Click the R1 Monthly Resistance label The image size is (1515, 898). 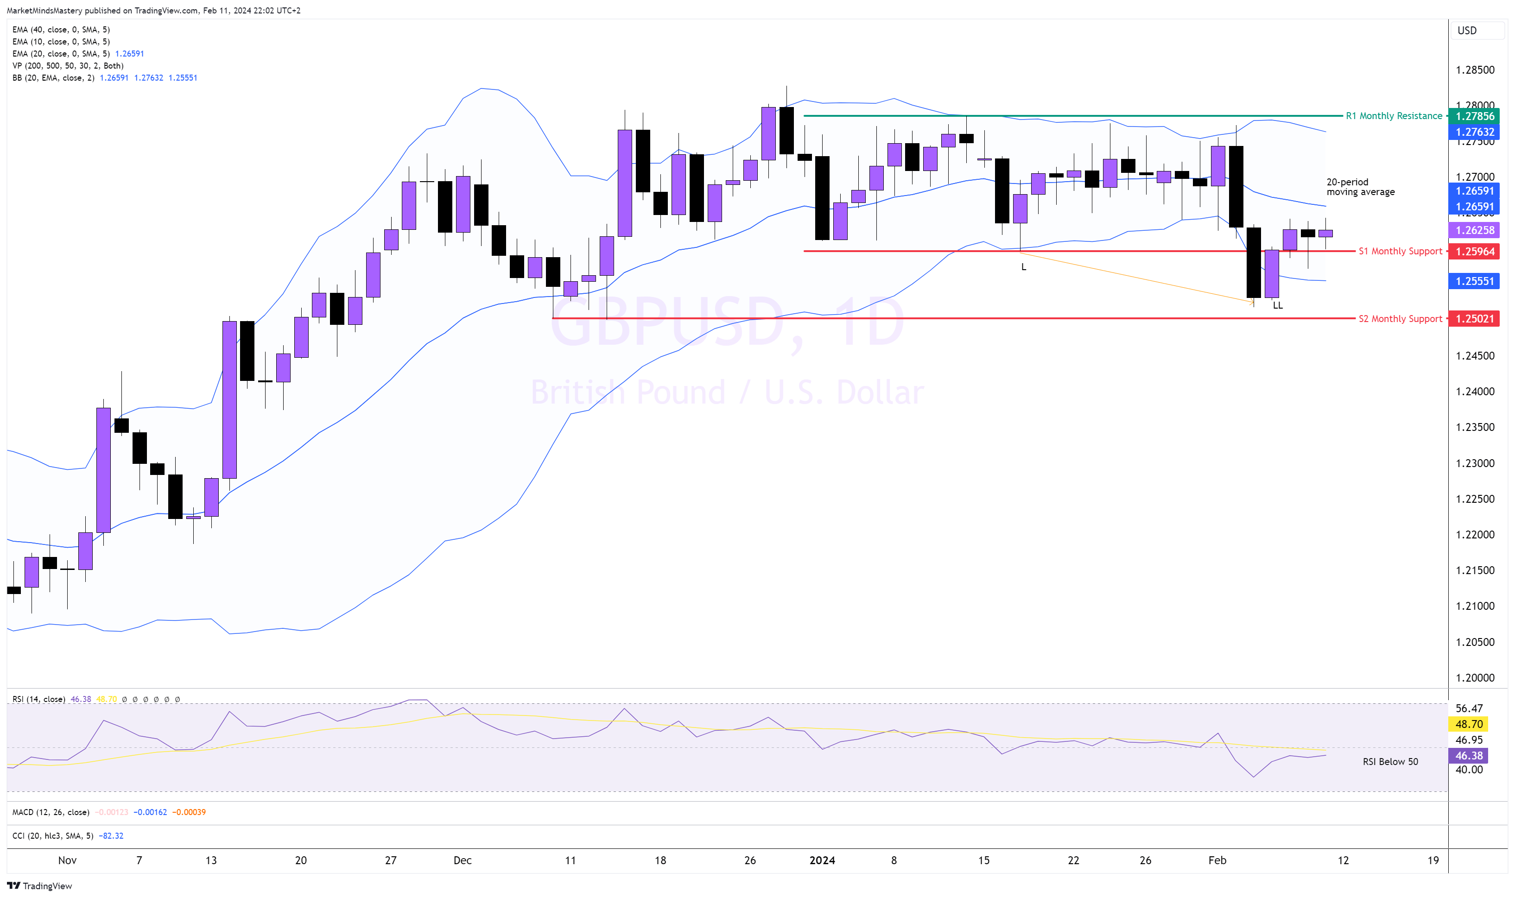point(1394,115)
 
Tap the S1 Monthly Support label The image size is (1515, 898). point(1400,251)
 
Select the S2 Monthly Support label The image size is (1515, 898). point(1400,319)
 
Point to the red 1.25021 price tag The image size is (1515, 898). point(1475,319)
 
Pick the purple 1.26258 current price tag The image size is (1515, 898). point(1475,230)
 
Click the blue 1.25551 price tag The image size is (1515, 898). point(1475,281)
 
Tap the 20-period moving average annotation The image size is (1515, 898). point(1360,187)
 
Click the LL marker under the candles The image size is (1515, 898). point(1277,305)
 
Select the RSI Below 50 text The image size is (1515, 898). point(1390,762)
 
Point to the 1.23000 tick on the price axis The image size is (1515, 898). point(1475,463)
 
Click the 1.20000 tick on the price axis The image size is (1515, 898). point(1475,678)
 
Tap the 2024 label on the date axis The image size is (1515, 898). point(822,860)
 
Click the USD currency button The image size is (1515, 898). point(1467,30)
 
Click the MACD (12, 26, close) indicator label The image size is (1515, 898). point(51,812)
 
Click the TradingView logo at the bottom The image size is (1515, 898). point(39,886)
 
